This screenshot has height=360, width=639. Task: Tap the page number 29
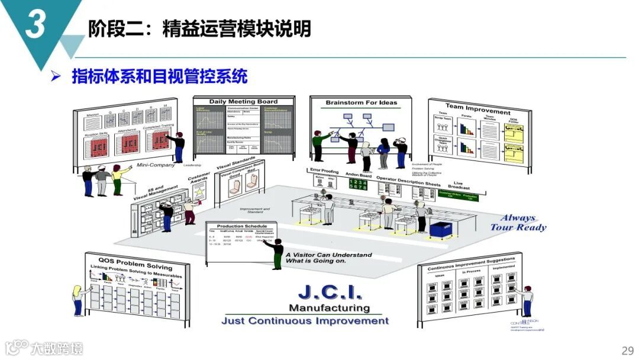click(x=627, y=349)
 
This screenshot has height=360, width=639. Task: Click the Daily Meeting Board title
click(x=244, y=102)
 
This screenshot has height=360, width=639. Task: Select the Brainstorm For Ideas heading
click(x=361, y=103)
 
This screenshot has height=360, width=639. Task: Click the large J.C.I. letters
click(x=330, y=292)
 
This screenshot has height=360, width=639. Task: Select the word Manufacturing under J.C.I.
click(x=329, y=308)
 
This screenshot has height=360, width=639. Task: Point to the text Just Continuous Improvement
click(x=305, y=321)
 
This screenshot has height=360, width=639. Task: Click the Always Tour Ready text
click(x=518, y=223)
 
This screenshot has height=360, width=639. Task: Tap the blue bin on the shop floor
click(x=441, y=229)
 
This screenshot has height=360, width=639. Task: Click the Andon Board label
click(x=357, y=176)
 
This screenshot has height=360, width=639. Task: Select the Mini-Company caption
click(x=153, y=165)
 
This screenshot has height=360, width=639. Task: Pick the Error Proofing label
click(x=324, y=171)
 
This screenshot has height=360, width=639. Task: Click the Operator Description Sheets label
click(x=408, y=180)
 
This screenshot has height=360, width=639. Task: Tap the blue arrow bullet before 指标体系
click(x=56, y=76)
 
